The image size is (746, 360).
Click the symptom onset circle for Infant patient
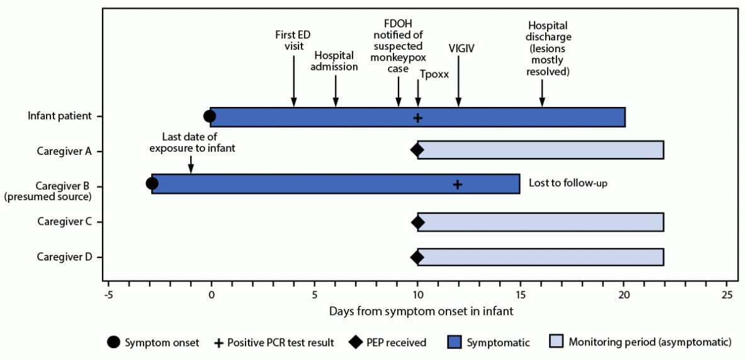click(210, 116)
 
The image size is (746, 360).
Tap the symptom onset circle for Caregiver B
click(152, 183)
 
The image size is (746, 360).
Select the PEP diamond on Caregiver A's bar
click(417, 150)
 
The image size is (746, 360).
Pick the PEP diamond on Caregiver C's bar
click(417, 222)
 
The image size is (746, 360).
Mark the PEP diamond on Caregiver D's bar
click(417, 257)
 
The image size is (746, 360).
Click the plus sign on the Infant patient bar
click(417, 117)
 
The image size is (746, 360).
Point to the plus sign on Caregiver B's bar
click(458, 184)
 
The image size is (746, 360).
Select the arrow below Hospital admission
click(336, 91)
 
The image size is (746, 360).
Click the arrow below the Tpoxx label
click(418, 94)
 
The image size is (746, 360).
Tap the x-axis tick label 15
click(521, 295)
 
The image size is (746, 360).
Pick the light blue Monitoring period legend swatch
click(556, 342)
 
